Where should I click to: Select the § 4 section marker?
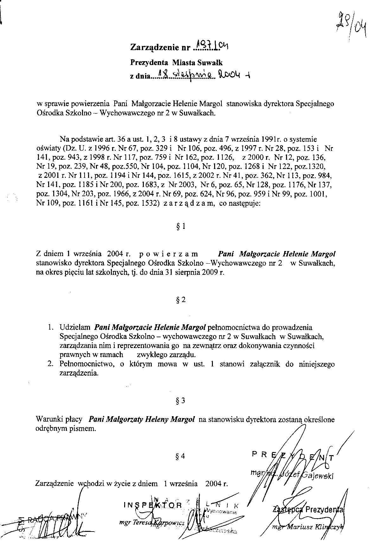pos(180,457)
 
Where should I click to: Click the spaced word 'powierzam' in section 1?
pos(169,254)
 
